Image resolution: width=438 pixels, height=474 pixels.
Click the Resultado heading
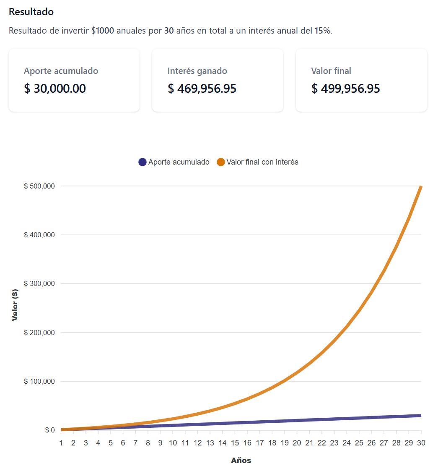click(x=31, y=12)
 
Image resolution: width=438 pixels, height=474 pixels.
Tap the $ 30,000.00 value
click(x=55, y=89)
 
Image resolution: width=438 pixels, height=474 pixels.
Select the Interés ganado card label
click(x=197, y=71)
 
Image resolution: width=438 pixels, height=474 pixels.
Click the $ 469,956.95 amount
click(x=202, y=89)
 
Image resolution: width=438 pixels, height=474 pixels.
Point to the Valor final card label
click(x=331, y=71)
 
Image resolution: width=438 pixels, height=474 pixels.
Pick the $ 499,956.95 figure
click(x=346, y=89)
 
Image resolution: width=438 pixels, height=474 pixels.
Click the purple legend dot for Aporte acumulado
click(x=143, y=162)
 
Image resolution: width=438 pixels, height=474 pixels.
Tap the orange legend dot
click(x=221, y=162)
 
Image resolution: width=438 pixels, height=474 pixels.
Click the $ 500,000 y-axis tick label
click(x=39, y=186)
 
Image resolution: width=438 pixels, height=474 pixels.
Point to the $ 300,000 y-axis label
click(x=39, y=284)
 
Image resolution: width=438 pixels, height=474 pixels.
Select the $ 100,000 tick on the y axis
click(x=39, y=382)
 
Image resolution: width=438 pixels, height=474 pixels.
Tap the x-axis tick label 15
click(x=235, y=443)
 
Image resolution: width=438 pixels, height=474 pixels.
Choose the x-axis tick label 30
click(x=421, y=443)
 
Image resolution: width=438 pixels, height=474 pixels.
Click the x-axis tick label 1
click(x=61, y=443)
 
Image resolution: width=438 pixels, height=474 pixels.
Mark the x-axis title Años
click(x=241, y=461)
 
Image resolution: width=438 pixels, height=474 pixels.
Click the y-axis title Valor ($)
click(x=15, y=305)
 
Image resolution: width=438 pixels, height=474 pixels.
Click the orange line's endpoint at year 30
click(x=420, y=187)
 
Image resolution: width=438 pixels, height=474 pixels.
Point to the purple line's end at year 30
click(x=420, y=416)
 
